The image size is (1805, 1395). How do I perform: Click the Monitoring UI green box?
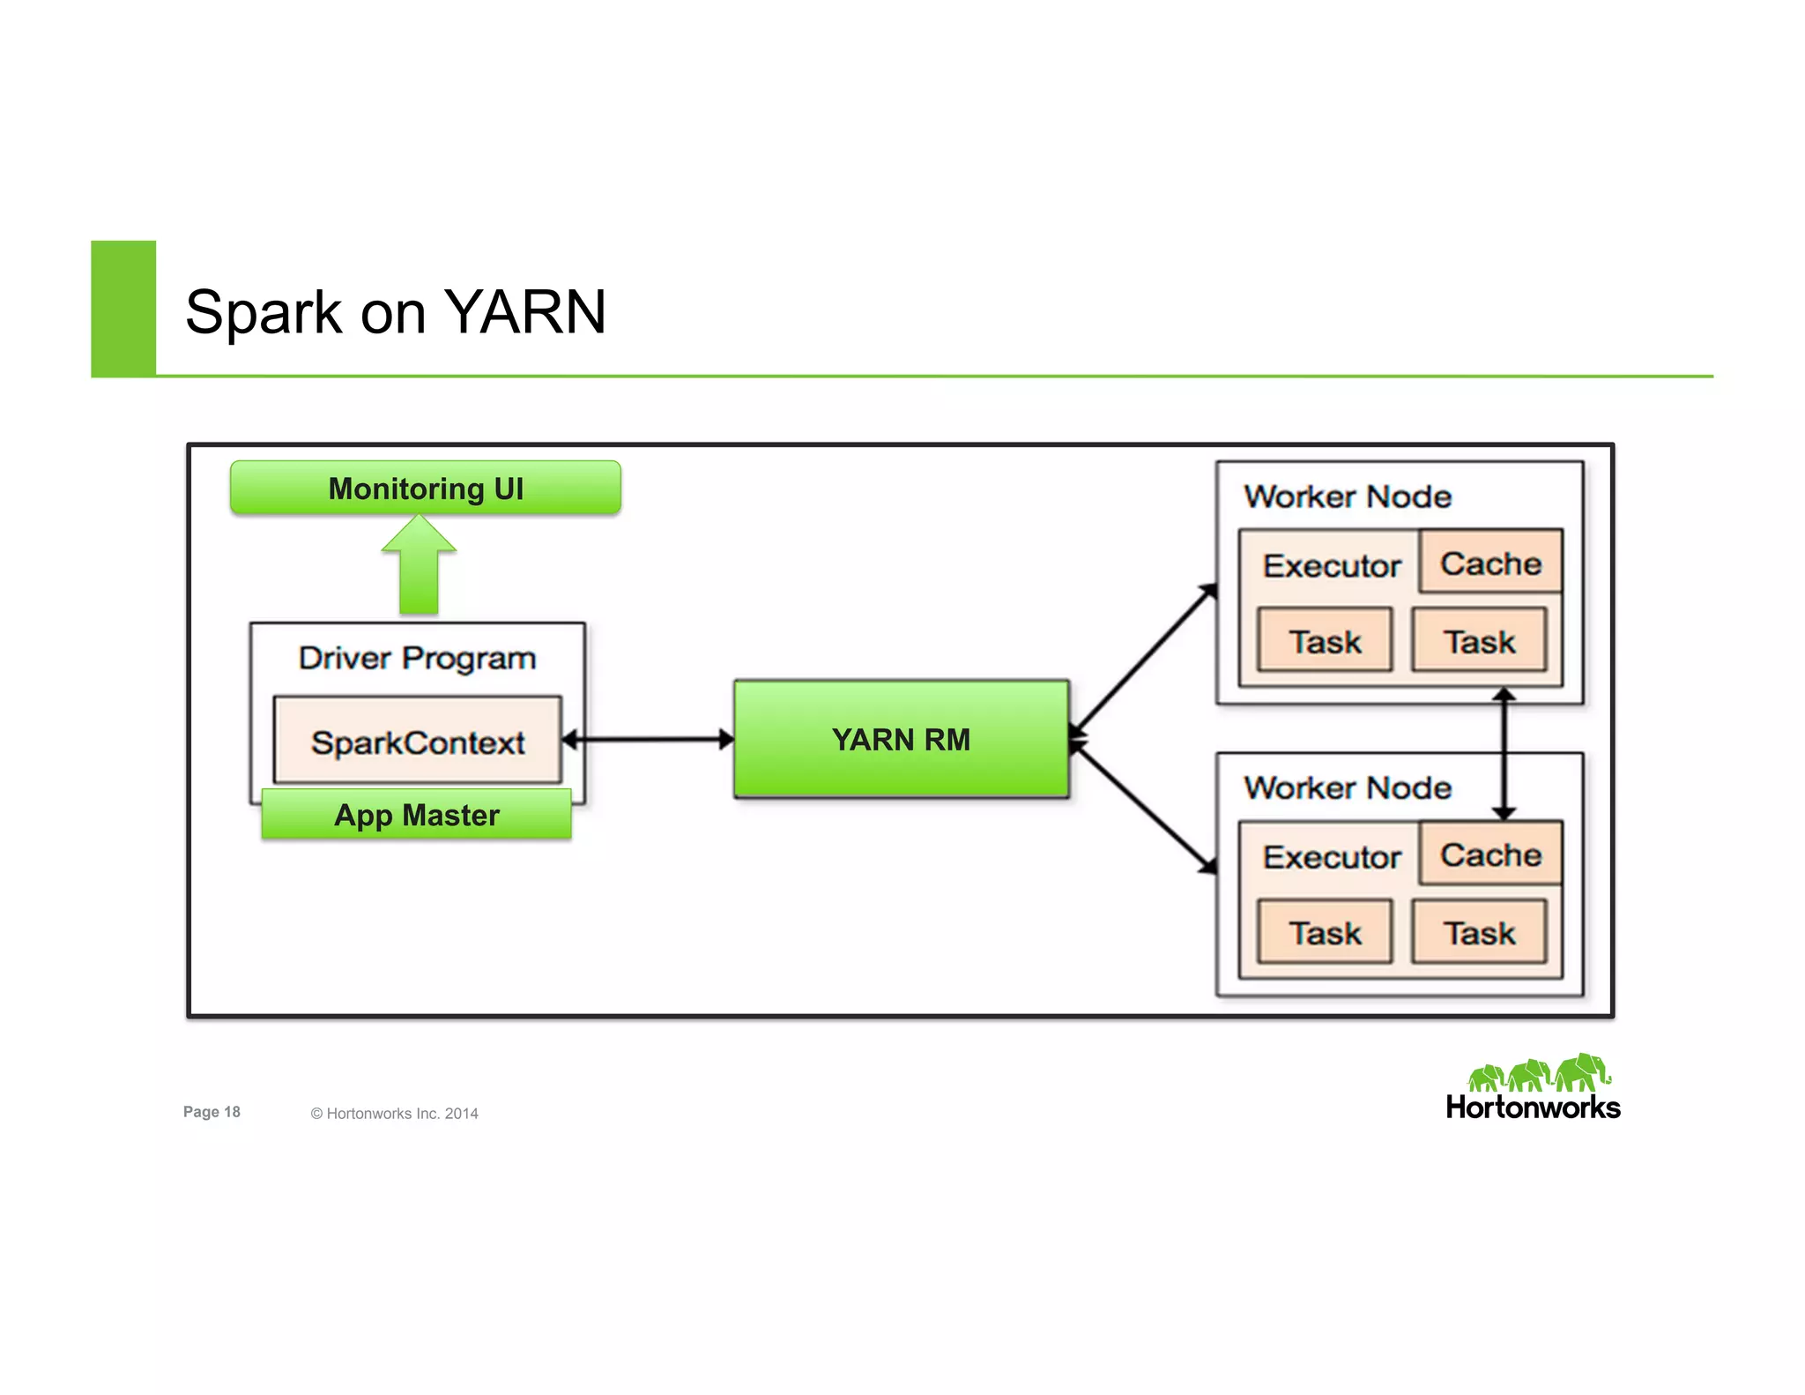[x=425, y=488]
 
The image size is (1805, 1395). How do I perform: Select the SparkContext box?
[x=417, y=742]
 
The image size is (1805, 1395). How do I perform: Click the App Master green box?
[x=416, y=815]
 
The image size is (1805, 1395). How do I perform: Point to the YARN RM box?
[x=901, y=739]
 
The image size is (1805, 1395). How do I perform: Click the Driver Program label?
[x=417, y=658]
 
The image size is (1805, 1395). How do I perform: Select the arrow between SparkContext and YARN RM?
[x=648, y=739]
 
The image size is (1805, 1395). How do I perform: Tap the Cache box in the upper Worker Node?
[x=1490, y=563]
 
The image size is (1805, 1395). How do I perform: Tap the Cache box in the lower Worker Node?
[x=1490, y=854]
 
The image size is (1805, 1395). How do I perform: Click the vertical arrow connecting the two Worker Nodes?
[x=1504, y=755]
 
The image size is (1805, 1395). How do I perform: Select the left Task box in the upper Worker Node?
[x=1325, y=641]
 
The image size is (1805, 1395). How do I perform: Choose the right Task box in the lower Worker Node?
[x=1479, y=932]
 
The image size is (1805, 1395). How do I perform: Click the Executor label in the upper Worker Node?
[x=1331, y=565]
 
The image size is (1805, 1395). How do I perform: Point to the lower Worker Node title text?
[x=1347, y=787]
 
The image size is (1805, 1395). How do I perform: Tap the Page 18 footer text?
[x=212, y=1112]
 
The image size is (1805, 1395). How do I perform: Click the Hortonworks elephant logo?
[x=1538, y=1074]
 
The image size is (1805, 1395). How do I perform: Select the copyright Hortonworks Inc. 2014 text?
[x=394, y=1114]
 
